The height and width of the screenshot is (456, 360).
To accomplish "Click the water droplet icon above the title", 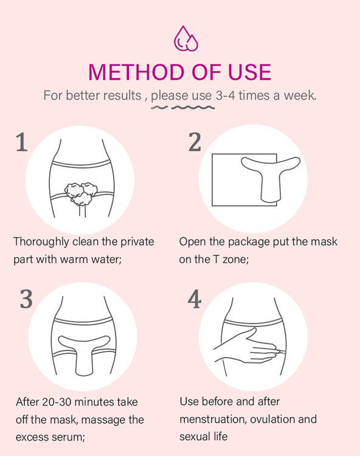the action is pyautogui.click(x=186, y=39).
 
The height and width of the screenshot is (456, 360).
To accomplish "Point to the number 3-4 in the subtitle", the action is pyautogui.click(x=226, y=95).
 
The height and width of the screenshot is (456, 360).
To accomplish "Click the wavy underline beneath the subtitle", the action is pyautogui.click(x=182, y=108).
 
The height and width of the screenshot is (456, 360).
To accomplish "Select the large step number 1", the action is pyautogui.click(x=21, y=142).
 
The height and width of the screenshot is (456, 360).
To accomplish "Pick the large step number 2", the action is pyautogui.click(x=195, y=142).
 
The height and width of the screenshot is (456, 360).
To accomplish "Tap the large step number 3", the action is pyautogui.click(x=26, y=299).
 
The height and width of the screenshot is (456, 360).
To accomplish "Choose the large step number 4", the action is pyautogui.click(x=195, y=299).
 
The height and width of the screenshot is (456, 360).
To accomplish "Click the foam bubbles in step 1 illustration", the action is pyautogui.click(x=81, y=193).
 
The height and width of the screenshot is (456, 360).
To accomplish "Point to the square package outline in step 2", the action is pyautogui.click(x=212, y=180).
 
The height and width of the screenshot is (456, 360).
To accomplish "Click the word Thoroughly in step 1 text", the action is pyautogui.click(x=41, y=242).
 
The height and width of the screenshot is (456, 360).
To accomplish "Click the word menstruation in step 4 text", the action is pyautogui.click(x=213, y=420).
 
